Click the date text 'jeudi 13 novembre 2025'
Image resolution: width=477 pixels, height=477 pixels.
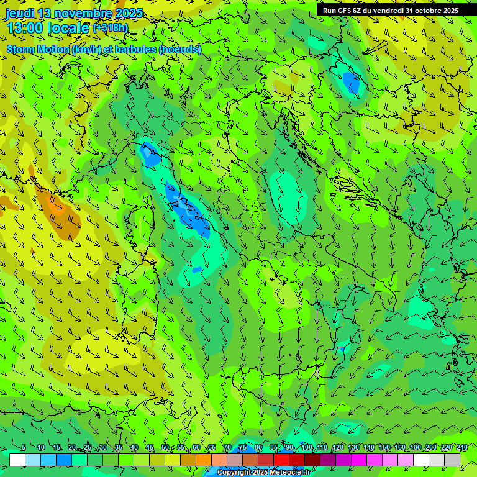(x=74, y=13)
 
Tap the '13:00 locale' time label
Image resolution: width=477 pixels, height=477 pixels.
(x=48, y=28)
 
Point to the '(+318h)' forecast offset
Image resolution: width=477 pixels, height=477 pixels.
(x=112, y=28)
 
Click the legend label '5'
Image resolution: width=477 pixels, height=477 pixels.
(x=24, y=447)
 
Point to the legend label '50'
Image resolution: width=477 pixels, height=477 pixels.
(x=165, y=447)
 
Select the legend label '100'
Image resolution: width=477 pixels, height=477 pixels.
(x=307, y=447)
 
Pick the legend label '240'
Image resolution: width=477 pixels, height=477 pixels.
(x=462, y=447)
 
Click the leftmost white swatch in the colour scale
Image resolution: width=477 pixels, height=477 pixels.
(x=17, y=460)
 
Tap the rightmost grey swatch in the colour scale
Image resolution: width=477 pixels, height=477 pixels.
(x=452, y=460)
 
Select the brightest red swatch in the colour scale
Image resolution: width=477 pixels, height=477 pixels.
(x=281, y=460)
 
